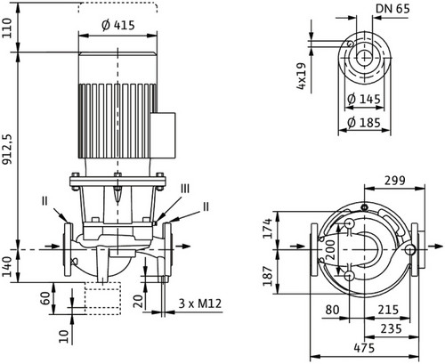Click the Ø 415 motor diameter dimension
tap(118, 26)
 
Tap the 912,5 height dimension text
tap(8, 150)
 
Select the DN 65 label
tap(392, 9)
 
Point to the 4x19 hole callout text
tap(301, 76)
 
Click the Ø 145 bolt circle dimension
tap(364, 99)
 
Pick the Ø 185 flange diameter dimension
tap(364, 122)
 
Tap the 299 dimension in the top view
tap(395, 181)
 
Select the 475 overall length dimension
tap(364, 348)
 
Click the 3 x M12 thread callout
tap(200, 303)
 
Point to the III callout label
tap(185, 189)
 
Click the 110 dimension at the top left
tap(7, 28)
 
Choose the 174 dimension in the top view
tap(268, 229)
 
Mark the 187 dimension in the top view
tap(268, 276)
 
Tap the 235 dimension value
tap(391, 328)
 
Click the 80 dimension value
tap(332, 310)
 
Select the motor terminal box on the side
tap(163, 135)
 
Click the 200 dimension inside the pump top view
tap(332, 250)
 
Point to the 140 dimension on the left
tap(7, 266)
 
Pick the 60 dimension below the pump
tap(45, 299)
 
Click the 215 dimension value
tap(388, 310)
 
